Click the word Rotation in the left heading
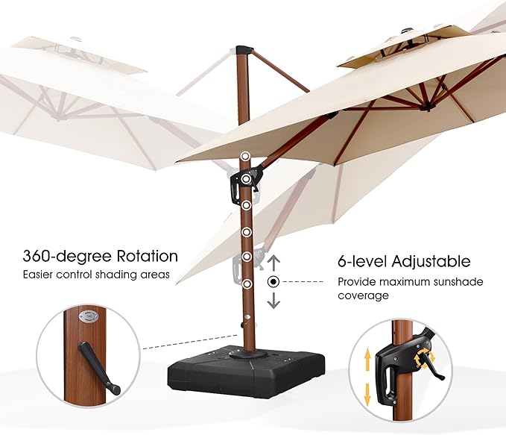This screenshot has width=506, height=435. point(146,256)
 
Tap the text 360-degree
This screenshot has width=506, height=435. point(67,256)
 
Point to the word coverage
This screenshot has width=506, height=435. point(363,295)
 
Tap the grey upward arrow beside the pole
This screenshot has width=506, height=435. point(273,263)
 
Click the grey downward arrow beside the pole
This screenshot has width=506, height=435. point(273,300)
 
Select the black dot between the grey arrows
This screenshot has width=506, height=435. point(273,282)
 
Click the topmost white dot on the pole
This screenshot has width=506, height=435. point(244,156)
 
